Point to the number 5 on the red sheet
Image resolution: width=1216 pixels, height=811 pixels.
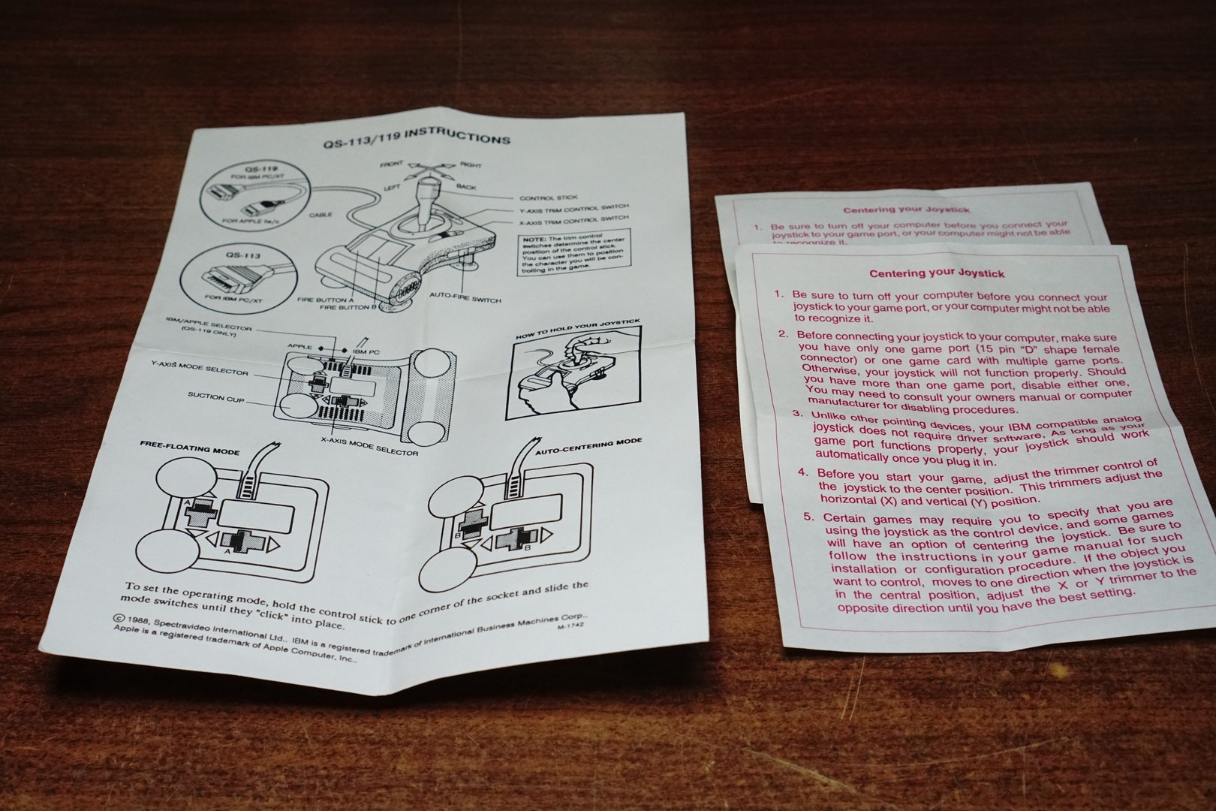tap(808, 517)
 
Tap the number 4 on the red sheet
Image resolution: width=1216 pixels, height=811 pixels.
tap(803, 474)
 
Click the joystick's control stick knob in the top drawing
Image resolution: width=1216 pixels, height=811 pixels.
tap(425, 183)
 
